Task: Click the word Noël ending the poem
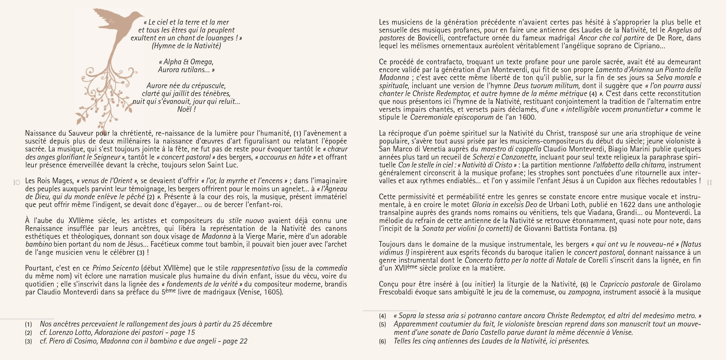tap(184, 109)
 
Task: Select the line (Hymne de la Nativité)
tap(186, 46)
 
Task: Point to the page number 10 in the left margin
tap(17, 183)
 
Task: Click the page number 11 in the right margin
tap(709, 183)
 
